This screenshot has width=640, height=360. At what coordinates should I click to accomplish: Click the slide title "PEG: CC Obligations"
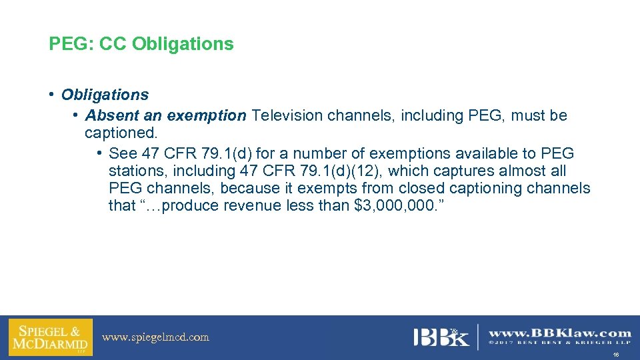[141, 44]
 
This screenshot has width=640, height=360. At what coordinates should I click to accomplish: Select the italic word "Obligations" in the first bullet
[105, 95]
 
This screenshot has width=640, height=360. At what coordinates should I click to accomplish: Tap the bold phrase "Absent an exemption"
[165, 115]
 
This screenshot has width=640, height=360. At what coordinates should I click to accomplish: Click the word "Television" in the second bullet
[286, 115]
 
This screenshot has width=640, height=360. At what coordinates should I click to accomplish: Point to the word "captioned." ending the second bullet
[121, 133]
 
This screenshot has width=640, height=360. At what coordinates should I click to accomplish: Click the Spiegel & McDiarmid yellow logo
[50, 337]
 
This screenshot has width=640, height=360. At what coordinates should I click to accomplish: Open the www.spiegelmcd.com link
[155, 337]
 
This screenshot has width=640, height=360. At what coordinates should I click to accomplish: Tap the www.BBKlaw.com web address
[559, 333]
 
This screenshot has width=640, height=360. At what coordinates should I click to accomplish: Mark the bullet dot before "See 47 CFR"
[99, 153]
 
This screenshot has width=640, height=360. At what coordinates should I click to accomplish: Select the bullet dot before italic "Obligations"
[52, 95]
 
